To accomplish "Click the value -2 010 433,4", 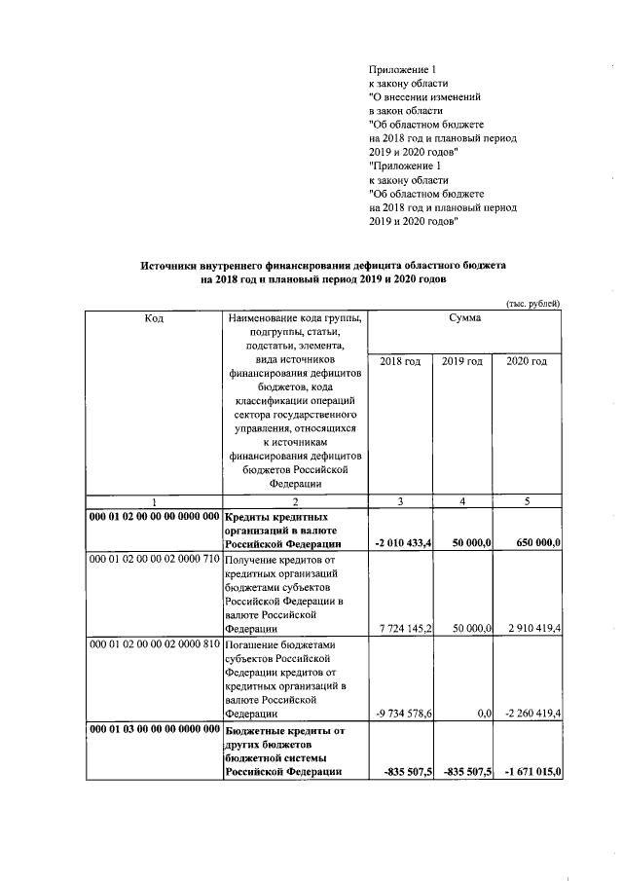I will point(403,542).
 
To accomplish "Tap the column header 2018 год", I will point(400,362).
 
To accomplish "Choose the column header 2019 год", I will point(463,362).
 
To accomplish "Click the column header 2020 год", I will point(528,362).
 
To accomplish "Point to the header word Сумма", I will point(463,320).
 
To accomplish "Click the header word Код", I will point(154,320).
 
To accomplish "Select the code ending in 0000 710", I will point(154,562).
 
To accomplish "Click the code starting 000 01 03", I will point(154,728).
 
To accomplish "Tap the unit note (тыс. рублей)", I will point(532,304).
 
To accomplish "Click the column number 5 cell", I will point(528,501).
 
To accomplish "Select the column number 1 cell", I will point(154,501).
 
